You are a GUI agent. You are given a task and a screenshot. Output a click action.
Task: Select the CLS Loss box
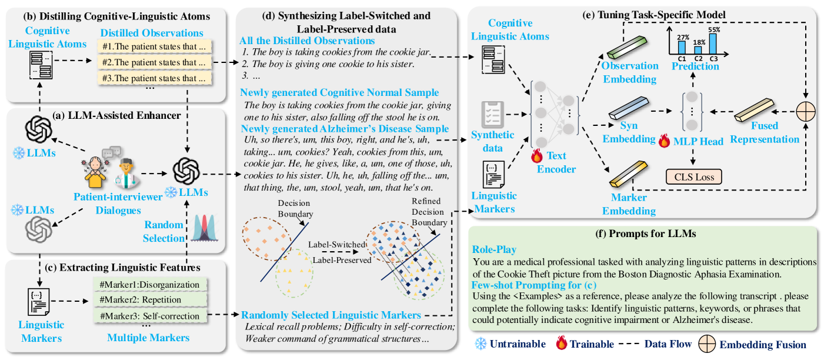693,176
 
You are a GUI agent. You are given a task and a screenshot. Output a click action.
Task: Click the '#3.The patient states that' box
156,76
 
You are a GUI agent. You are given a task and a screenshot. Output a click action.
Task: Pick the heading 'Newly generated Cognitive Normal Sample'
339,93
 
